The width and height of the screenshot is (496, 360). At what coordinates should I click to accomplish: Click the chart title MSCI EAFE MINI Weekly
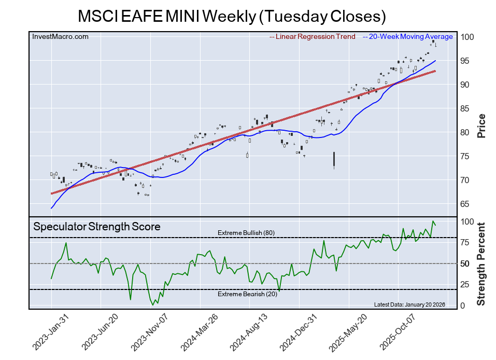click(x=232, y=16)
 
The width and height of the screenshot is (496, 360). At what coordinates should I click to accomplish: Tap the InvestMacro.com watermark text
click(x=60, y=37)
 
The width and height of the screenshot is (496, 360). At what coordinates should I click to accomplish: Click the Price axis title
click(x=481, y=126)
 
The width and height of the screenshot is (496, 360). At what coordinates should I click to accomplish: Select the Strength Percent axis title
click(x=481, y=264)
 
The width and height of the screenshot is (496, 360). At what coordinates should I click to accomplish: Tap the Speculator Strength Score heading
click(x=97, y=227)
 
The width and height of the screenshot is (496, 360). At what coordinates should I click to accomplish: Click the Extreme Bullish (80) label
click(x=246, y=233)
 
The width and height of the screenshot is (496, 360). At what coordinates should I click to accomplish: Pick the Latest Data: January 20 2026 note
click(x=409, y=304)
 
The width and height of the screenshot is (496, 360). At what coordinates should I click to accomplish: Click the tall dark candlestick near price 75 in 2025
click(x=334, y=159)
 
